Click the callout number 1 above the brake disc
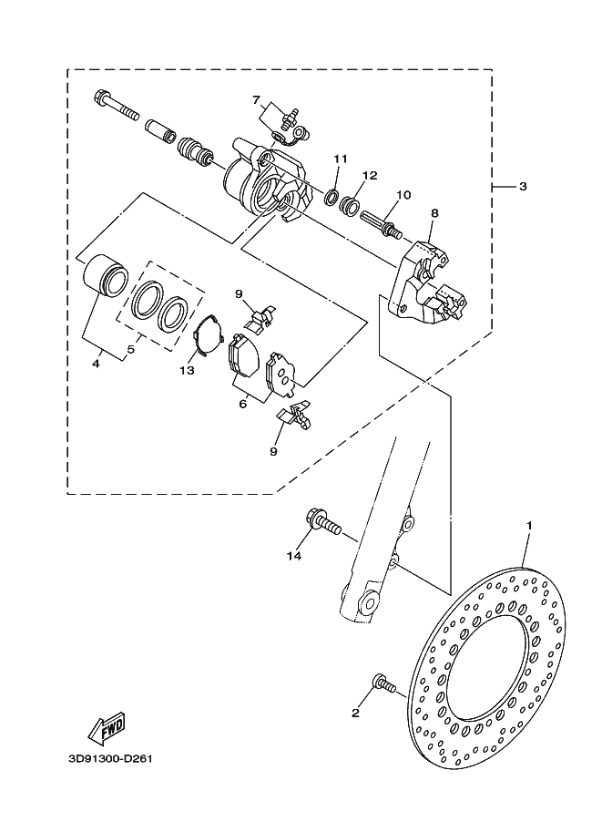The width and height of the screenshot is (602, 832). pos(529,525)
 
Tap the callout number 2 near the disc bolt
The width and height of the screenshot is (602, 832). pos(355,714)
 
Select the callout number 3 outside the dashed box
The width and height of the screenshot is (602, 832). pos(523,186)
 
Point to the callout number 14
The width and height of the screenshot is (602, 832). pos(294,556)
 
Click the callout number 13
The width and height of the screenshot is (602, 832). pos(187,370)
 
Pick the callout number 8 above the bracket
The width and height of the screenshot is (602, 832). pos(434,213)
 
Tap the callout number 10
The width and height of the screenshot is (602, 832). pos(403,195)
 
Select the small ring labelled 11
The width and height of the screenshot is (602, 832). pos(332,197)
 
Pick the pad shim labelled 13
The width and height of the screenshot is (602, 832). pos(207,334)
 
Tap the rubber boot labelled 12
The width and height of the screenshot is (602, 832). pos(349,204)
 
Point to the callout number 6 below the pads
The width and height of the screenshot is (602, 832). pos(243,404)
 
